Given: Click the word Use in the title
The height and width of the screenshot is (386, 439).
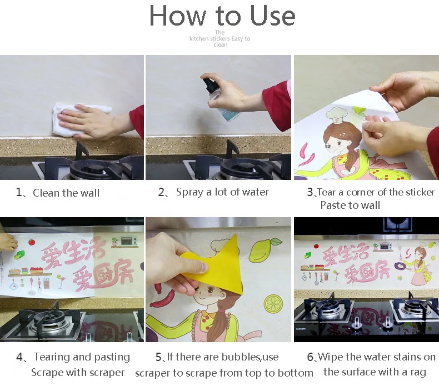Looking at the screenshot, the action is (272, 16).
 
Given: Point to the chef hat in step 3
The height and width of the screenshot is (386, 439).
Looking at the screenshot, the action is (337, 115).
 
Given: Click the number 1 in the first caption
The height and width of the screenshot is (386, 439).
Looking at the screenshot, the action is (19, 192).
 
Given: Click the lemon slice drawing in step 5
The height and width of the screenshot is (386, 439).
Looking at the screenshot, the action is (273, 304).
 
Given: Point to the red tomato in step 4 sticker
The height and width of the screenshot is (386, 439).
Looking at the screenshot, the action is (32, 242).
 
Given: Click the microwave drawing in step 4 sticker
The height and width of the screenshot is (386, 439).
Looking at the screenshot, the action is (129, 240).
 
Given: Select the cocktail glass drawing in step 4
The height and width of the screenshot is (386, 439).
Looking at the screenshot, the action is (61, 282).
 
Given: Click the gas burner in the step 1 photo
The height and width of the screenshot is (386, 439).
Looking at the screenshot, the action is (92, 169).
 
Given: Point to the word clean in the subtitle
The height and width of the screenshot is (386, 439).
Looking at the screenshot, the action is (221, 45).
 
